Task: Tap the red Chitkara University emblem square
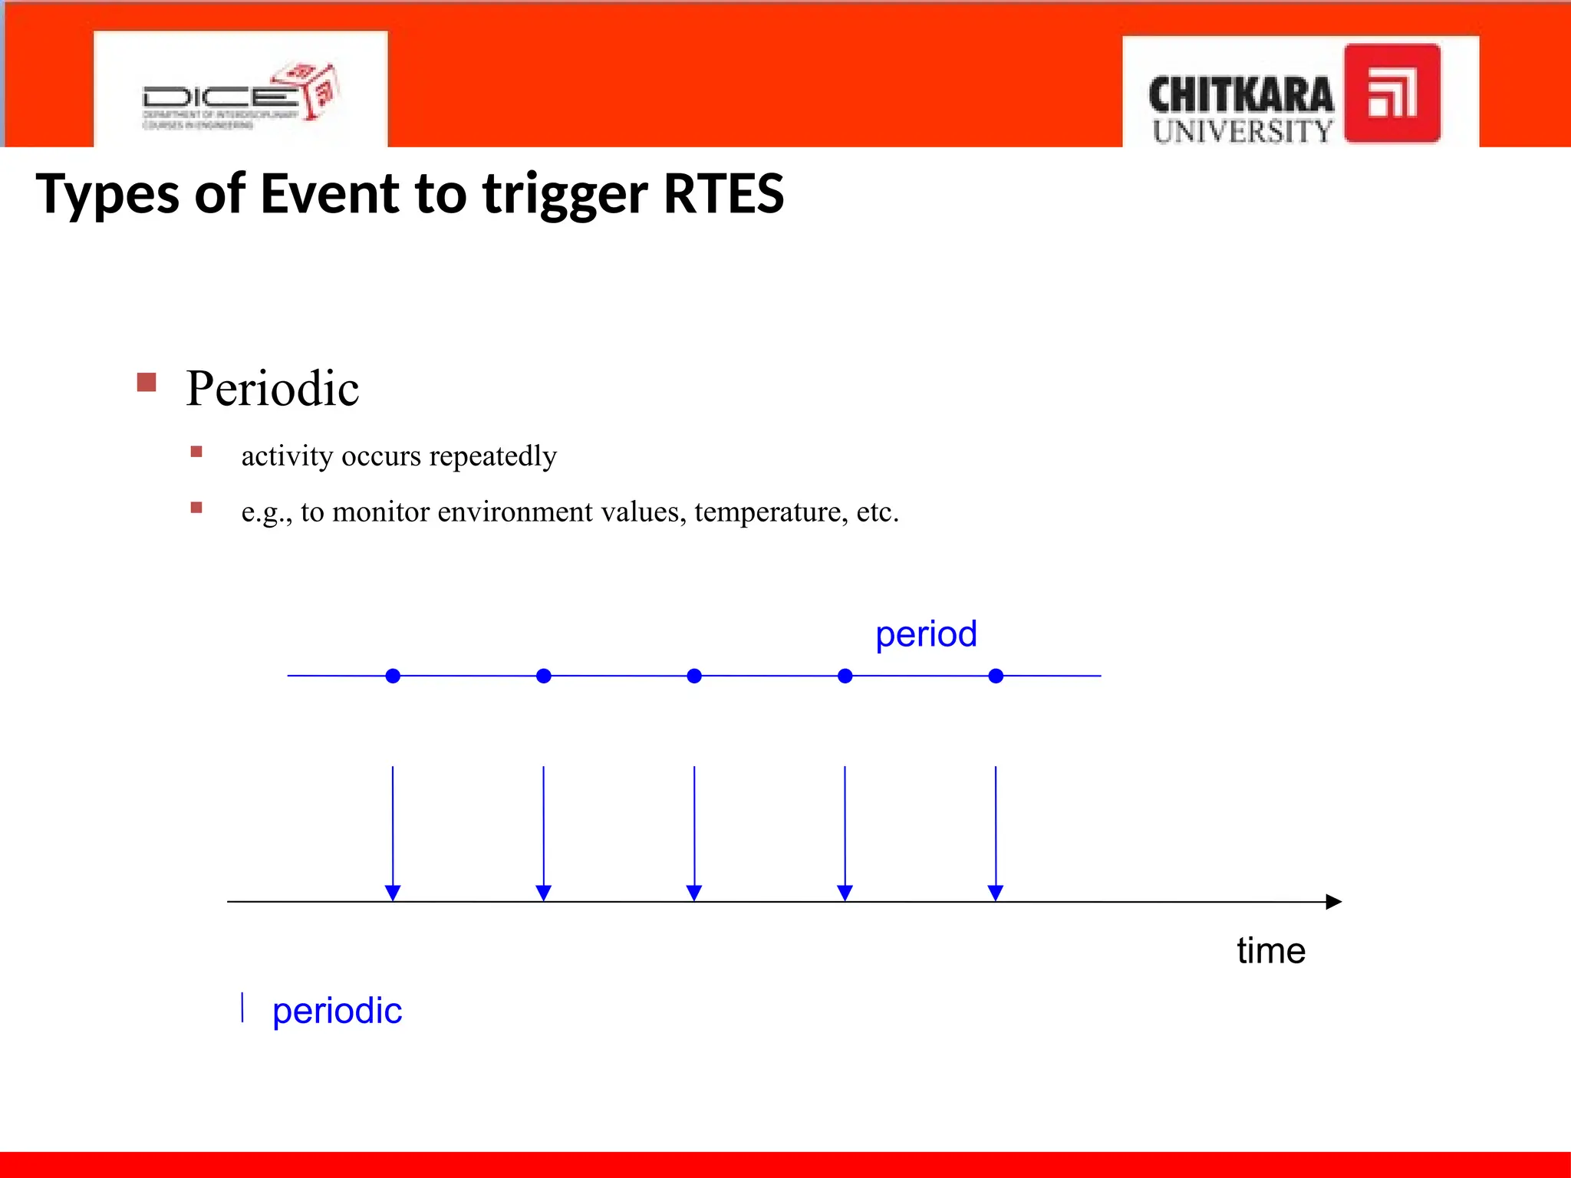coord(1392,94)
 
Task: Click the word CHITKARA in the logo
coord(1240,96)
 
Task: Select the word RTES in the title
coord(723,193)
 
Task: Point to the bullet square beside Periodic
coord(147,382)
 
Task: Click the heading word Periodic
coord(272,388)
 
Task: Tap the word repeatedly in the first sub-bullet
coord(492,456)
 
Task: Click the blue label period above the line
coord(926,634)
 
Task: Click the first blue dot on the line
coord(393,676)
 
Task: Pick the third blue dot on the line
coord(694,676)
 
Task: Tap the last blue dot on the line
coord(996,676)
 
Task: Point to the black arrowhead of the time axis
coord(1334,902)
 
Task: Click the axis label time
coord(1270,951)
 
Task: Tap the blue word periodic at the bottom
coord(337,1011)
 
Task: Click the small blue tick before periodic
coord(242,1007)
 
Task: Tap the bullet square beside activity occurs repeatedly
coord(196,452)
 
